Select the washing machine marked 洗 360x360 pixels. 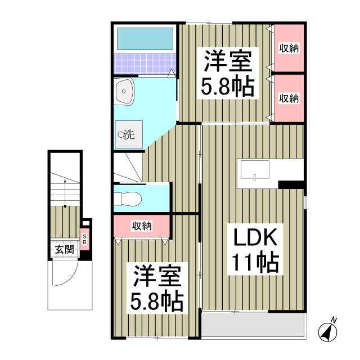pos(128,134)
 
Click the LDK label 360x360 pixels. pos(251,238)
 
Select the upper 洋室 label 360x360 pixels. pos(227,60)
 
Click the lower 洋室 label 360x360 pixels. pos(157,278)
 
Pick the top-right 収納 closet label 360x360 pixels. pos(289,48)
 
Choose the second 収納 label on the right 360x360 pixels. pos(289,98)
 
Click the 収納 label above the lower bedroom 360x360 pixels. pos(142,226)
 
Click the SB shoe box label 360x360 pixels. pos(85,240)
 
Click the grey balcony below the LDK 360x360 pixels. pos(253,325)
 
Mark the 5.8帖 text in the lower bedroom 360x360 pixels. pos(157,303)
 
